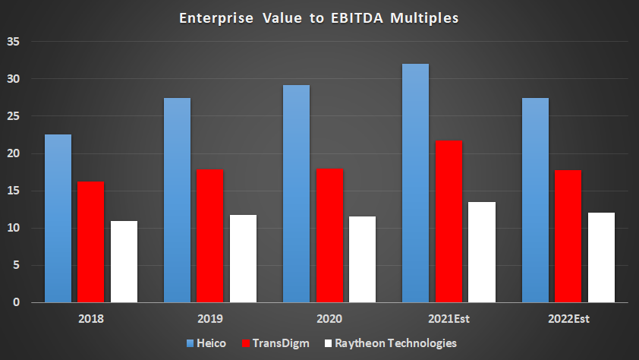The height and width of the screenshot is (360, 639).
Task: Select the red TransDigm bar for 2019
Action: [x=209, y=236]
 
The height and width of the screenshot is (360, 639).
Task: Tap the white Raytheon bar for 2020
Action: [x=362, y=260]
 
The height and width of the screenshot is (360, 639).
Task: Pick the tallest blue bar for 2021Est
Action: [x=415, y=183]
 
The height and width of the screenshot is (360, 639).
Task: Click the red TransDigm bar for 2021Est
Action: [x=449, y=222]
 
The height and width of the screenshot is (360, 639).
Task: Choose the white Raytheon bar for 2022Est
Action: [x=601, y=257]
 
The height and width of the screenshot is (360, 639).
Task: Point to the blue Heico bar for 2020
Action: [x=296, y=194]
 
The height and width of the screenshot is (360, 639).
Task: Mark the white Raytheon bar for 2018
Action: [x=124, y=262]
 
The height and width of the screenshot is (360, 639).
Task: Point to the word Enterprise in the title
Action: [x=212, y=18]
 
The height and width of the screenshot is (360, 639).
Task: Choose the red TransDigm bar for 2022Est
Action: [x=568, y=236]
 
